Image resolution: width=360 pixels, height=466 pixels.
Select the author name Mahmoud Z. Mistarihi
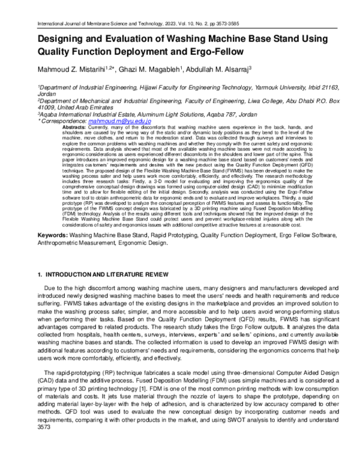click(x=76, y=70)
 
